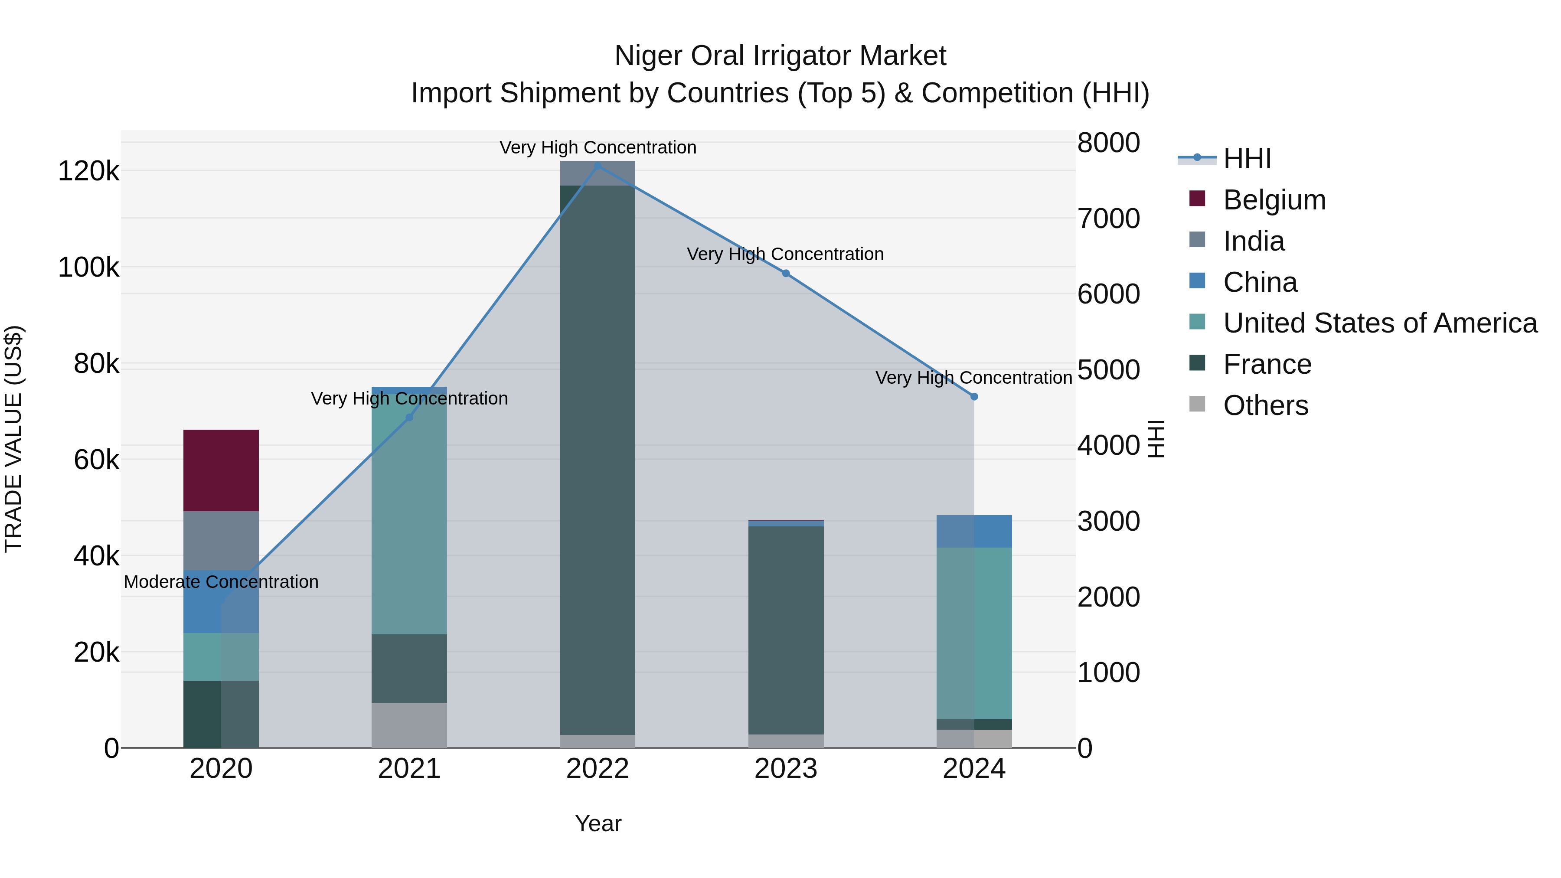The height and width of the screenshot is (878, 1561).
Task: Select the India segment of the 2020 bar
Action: [x=221, y=541]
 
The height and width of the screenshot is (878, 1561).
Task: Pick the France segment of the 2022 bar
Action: [x=598, y=460]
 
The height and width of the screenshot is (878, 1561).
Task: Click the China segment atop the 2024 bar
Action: [x=974, y=532]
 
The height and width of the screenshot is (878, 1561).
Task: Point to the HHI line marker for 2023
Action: [x=786, y=273]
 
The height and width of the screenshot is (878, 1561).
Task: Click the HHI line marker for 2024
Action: [x=974, y=397]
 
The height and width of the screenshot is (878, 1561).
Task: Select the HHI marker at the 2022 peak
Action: [x=598, y=166]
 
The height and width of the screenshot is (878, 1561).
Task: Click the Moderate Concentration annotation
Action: [x=221, y=582]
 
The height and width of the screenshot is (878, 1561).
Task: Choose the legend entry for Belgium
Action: [x=1274, y=200]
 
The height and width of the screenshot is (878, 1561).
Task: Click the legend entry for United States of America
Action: [x=1380, y=323]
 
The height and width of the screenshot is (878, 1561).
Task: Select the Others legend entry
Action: [x=1265, y=405]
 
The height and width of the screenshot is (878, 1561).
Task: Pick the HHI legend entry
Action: [x=1247, y=159]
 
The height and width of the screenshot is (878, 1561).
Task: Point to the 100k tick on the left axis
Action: [x=88, y=267]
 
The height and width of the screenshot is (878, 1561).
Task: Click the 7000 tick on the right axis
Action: [x=1108, y=219]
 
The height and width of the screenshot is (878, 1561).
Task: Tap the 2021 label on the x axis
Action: [x=409, y=769]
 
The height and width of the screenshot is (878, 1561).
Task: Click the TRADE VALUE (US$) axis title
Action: [x=14, y=439]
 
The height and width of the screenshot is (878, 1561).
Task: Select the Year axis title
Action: [x=598, y=823]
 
